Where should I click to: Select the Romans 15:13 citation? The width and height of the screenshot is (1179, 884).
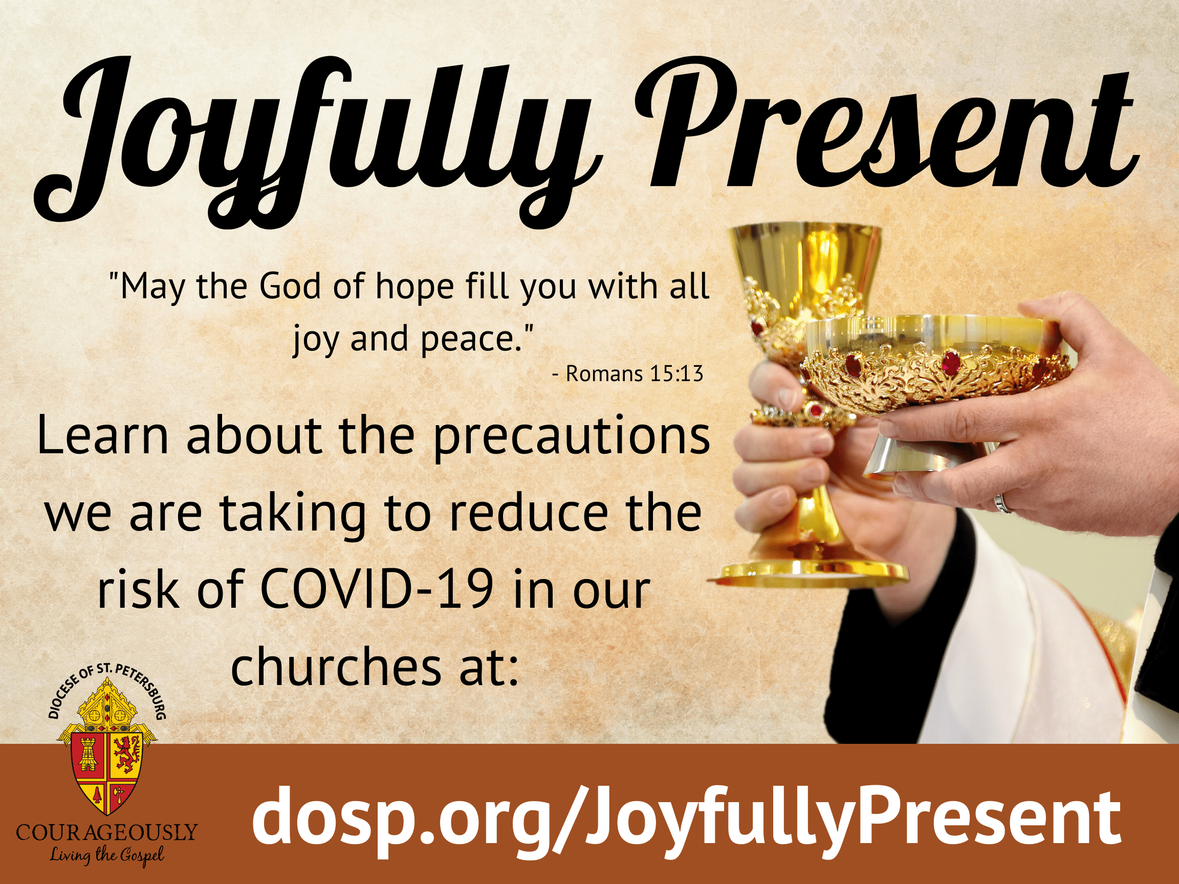point(628,373)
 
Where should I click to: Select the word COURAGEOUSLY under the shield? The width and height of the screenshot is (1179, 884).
point(106,832)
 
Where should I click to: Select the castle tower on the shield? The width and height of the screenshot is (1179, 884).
point(89,754)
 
